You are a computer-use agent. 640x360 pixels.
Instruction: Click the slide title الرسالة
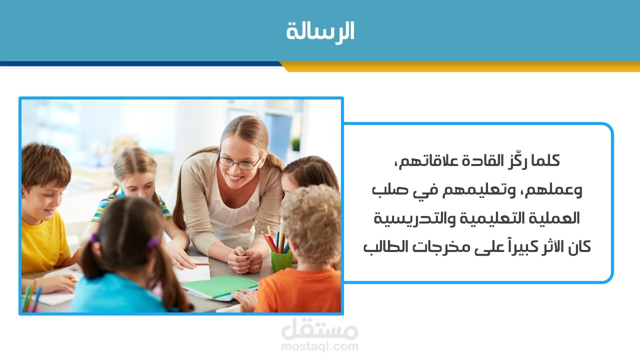coord(320,31)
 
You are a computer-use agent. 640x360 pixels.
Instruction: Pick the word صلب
coord(385,190)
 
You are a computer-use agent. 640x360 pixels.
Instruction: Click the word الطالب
coord(381,247)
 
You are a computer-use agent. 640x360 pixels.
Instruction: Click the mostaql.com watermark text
coord(319,346)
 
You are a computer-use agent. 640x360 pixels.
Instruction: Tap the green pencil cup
coord(281,261)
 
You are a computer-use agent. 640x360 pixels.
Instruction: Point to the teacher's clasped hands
coord(245,259)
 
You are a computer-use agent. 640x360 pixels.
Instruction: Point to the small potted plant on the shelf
coord(295,144)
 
